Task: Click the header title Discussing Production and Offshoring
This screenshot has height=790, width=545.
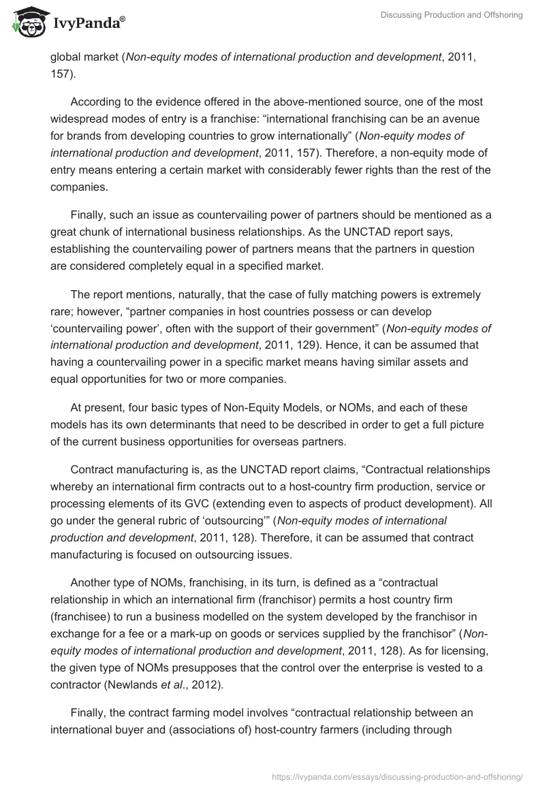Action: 451,15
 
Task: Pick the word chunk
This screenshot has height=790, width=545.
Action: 96,234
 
